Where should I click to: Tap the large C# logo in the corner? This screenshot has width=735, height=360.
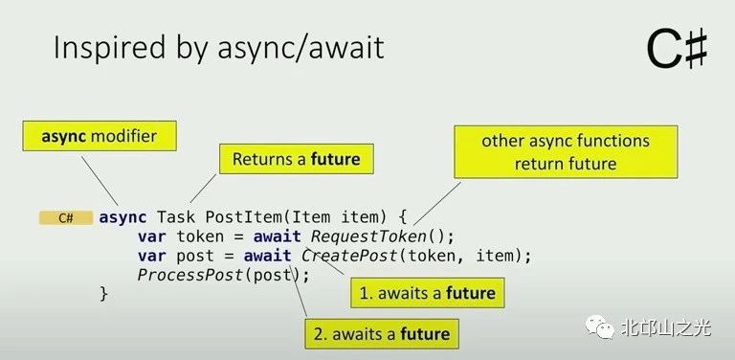[677, 49]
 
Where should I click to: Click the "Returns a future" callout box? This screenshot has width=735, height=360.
[296, 159]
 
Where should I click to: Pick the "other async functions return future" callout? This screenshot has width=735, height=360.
[565, 151]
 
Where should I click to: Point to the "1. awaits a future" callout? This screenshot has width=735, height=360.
[427, 292]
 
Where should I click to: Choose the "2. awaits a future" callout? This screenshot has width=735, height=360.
[380, 334]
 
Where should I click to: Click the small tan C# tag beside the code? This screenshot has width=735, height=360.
[66, 218]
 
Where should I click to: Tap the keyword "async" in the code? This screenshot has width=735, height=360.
[122, 217]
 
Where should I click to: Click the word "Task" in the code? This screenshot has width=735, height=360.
[176, 217]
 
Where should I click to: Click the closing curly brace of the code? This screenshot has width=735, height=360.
[104, 294]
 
